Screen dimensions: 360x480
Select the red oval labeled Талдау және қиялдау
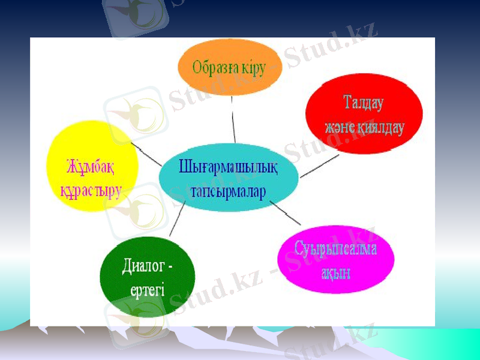coord(364,114)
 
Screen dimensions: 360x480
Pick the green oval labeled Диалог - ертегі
coord(148,275)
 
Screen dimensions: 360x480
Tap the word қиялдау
coord(382,127)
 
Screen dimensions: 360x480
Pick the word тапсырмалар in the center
coord(227,190)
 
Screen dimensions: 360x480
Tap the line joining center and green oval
coord(176,221)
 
